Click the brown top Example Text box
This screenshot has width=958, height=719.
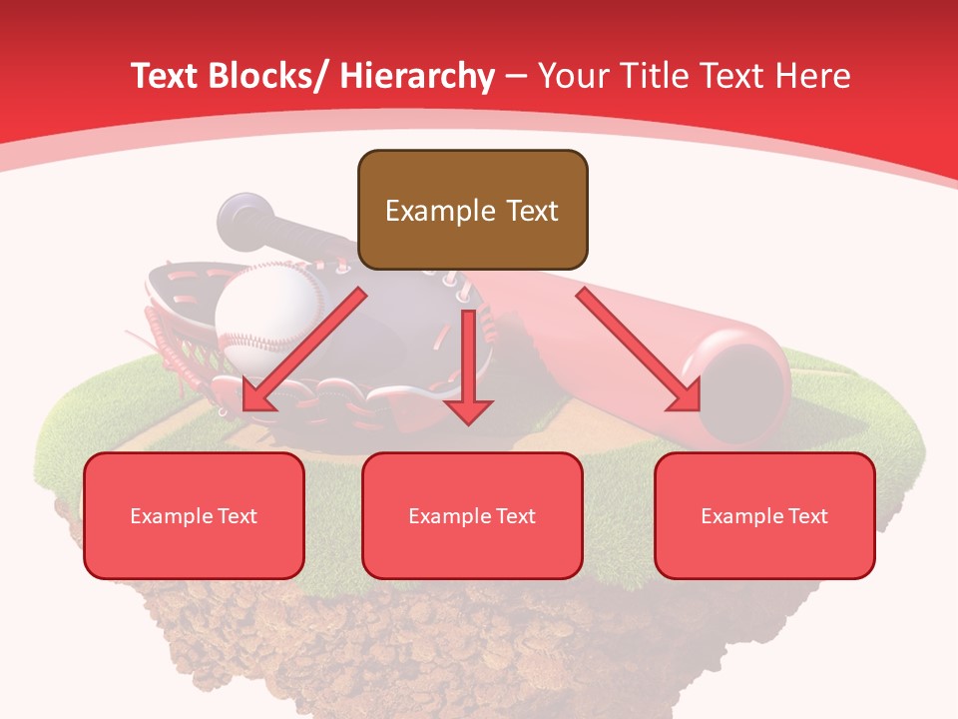pos(472,210)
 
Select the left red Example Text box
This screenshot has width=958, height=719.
pos(194,515)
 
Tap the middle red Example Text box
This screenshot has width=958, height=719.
pos(472,515)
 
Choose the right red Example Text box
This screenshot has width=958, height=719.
pos(764,515)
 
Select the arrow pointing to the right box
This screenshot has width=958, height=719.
pos(638,351)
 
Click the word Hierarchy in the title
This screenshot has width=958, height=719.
pos(417,76)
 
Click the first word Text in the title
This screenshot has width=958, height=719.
pos(166,76)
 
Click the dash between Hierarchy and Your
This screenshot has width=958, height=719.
pos(516,76)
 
